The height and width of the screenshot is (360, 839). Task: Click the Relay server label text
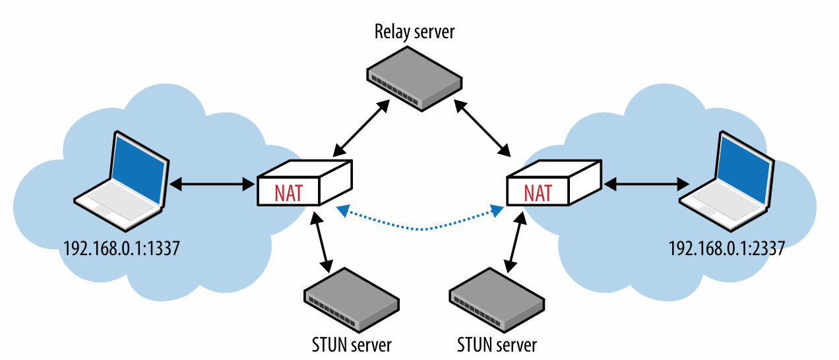coord(414,31)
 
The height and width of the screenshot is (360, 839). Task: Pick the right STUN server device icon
coord(497,301)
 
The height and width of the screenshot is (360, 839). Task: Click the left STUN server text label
coord(352,344)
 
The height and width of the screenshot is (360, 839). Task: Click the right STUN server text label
coord(497,344)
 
